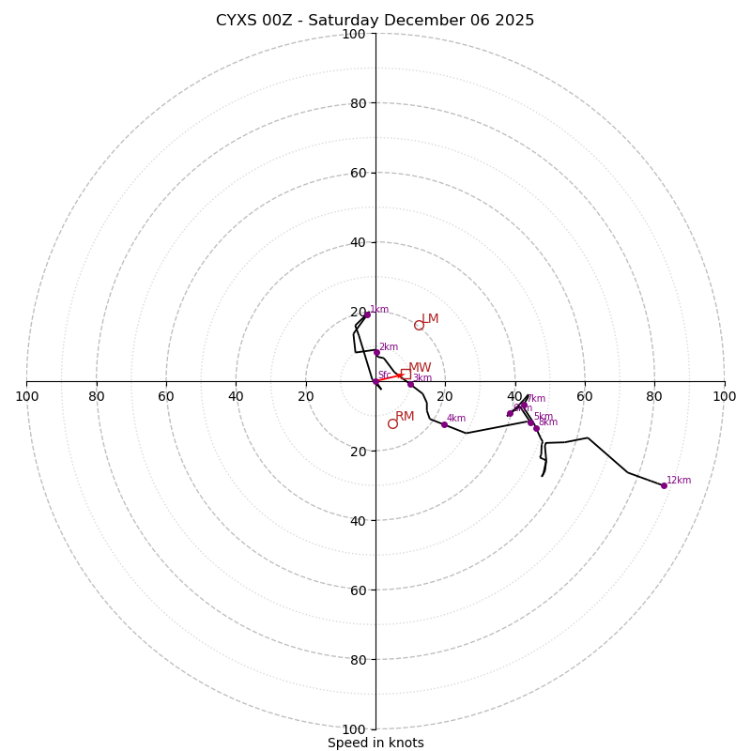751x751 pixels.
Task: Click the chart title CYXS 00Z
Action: pyautogui.click(x=375, y=21)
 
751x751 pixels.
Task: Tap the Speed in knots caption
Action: pyautogui.click(x=375, y=743)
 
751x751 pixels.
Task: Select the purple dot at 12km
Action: pyautogui.click(x=664, y=485)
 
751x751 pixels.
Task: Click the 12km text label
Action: pyautogui.click(x=679, y=480)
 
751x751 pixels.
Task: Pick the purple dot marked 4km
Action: pyautogui.click(x=444, y=424)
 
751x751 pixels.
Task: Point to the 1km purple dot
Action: pyautogui.click(x=367, y=314)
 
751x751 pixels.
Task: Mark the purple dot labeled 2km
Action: pyautogui.click(x=376, y=352)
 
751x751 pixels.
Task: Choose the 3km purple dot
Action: pyautogui.click(x=410, y=384)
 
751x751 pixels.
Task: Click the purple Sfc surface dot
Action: pyautogui.click(x=375, y=381)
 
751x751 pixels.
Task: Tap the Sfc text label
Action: pyautogui.click(x=384, y=375)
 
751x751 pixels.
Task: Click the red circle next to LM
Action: pyautogui.click(x=419, y=326)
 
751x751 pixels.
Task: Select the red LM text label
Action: pyautogui.click(x=430, y=319)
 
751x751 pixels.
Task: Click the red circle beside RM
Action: pyautogui.click(x=392, y=423)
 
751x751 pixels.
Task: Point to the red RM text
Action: pyautogui.click(x=405, y=417)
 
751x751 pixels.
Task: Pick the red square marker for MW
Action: pyautogui.click(x=405, y=374)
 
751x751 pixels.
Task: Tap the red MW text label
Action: pyautogui.click(x=420, y=368)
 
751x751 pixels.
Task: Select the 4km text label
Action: pyautogui.click(x=456, y=419)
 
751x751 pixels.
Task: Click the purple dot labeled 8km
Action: pyautogui.click(x=536, y=428)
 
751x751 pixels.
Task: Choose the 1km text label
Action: pyautogui.click(x=379, y=309)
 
